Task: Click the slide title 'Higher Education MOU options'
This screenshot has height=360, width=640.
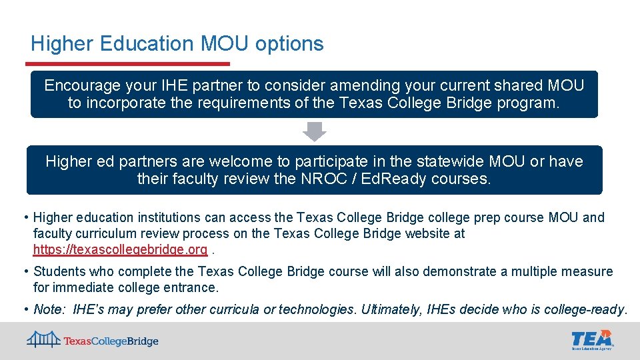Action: (x=177, y=44)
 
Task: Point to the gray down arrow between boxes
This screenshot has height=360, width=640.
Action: (x=314, y=131)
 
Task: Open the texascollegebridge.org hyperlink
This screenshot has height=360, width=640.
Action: (x=120, y=250)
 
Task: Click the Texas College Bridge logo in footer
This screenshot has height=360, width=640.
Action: (x=93, y=341)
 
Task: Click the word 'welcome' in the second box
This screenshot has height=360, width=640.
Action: (x=232, y=161)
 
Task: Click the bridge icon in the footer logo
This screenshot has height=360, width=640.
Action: (x=44, y=339)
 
